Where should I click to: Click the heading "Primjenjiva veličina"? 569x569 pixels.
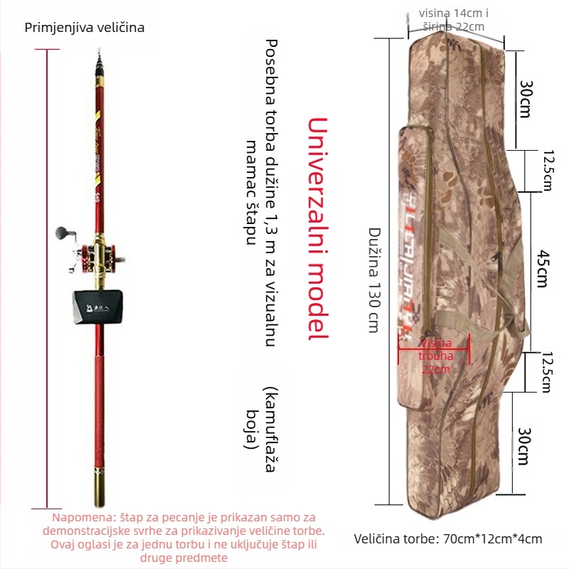point(84,28)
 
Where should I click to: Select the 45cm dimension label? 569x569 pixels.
point(541,269)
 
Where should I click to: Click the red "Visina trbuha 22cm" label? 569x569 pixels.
point(435,356)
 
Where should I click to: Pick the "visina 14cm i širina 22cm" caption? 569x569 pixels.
point(453,20)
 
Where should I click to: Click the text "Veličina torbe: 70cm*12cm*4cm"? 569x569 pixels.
point(448,538)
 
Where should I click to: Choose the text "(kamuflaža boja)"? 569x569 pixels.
point(261,420)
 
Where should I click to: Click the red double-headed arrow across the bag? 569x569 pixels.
point(435,349)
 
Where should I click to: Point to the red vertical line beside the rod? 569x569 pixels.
point(48,277)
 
